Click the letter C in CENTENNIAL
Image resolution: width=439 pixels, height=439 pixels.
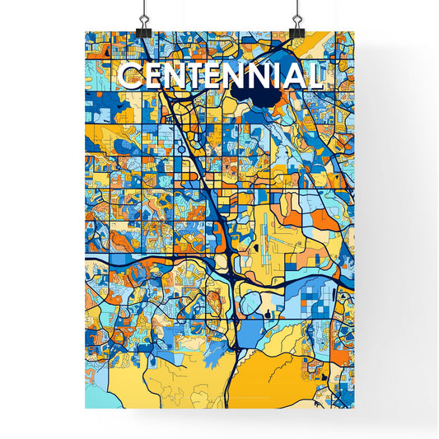(129, 77)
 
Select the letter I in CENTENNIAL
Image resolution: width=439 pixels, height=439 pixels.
(275, 77)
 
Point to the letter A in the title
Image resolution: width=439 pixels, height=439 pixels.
(292, 77)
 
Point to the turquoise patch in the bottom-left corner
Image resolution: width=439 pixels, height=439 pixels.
(95, 396)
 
